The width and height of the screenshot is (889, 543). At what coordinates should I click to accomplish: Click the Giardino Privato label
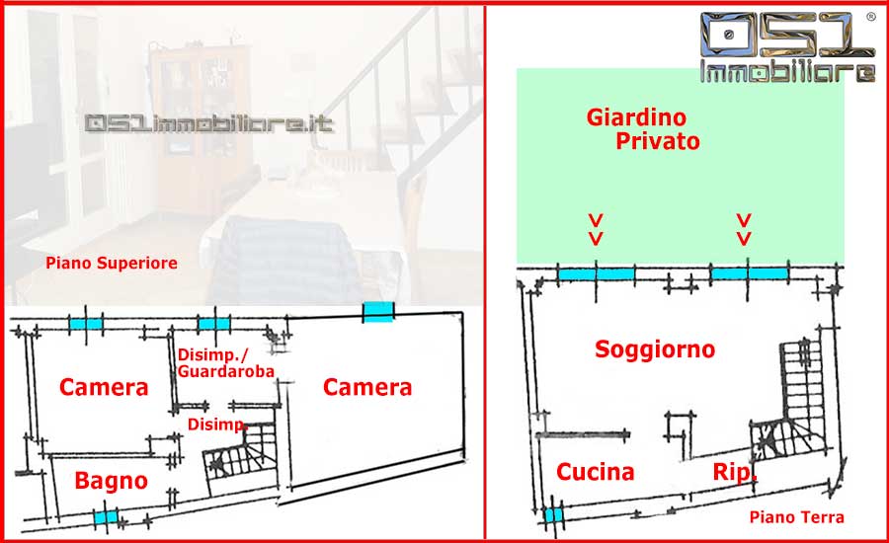pyautogui.click(x=643, y=129)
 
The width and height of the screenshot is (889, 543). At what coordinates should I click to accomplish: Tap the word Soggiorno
pyautogui.click(x=655, y=349)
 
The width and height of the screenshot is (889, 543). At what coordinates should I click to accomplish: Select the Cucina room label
pyautogui.click(x=595, y=472)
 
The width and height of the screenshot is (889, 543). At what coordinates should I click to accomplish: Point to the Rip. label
pyautogui.click(x=736, y=472)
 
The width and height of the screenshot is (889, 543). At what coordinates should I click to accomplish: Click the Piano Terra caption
pyautogui.click(x=796, y=516)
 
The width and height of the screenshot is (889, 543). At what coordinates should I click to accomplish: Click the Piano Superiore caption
pyautogui.click(x=112, y=264)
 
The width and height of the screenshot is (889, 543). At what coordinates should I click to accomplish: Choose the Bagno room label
pyautogui.click(x=112, y=482)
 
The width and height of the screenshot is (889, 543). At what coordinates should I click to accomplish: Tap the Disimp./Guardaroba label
pyautogui.click(x=225, y=363)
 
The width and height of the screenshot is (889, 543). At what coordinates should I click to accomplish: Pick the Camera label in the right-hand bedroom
pyautogui.click(x=367, y=388)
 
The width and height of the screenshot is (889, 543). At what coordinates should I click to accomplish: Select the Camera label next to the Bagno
pyautogui.click(x=104, y=388)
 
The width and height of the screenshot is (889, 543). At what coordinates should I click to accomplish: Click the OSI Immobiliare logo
pyautogui.click(x=787, y=47)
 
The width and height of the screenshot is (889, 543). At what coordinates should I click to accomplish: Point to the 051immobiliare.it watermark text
pyautogui.click(x=209, y=125)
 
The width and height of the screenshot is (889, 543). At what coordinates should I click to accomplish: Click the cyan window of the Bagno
pyautogui.click(x=105, y=517)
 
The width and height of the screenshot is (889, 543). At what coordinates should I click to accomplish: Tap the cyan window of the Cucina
pyautogui.click(x=553, y=514)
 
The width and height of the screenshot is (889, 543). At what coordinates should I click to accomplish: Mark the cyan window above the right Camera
pyautogui.click(x=378, y=312)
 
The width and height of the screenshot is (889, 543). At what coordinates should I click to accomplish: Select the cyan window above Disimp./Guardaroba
pyautogui.click(x=212, y=323)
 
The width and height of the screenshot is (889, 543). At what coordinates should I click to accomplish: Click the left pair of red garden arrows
pyautogui.click(x=596, y=229)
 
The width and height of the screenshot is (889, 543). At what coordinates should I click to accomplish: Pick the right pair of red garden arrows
pyautogui.click(x=745, y=229)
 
